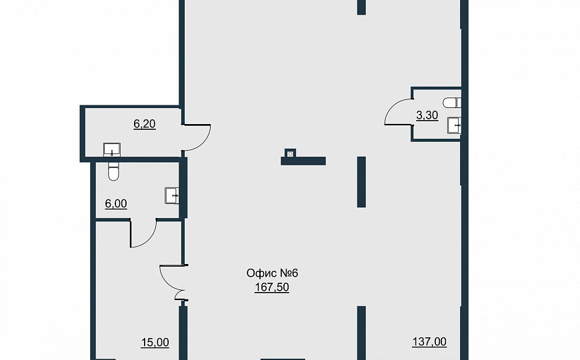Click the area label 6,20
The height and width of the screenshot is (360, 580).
pyautogui.click(x=144, y=124)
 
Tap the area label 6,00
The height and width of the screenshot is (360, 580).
pyautogui.click(x=116, y=204)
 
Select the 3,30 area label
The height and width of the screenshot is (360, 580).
pyautogui.click(x=427, y=115)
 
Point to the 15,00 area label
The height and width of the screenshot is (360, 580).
pyautogui.click(x=155, y=343)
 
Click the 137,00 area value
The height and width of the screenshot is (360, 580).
pyautogui.click(x=429, y=342)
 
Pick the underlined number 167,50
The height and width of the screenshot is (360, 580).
pyautogui.click(x=272, y=287)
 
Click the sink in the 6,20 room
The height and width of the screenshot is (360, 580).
pyautogui.click(x=112, y=149)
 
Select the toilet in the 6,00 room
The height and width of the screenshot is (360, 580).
pyautogui.click(x=113, y=171)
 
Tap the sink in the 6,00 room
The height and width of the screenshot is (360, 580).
pyautogui.click(x=171, y=195)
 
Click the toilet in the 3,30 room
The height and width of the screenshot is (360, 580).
pyautogui.click(x=452, y=103)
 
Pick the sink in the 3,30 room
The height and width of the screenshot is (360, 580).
pyautogui.click(x=454, y=125)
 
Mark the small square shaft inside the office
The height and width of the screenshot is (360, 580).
pyautogui.click(x=291, y=153)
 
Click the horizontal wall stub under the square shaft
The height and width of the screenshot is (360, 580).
pyautogui.click(x=303, y=161)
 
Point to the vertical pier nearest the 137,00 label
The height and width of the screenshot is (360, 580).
pyautogui.click(x=361, y=332)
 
